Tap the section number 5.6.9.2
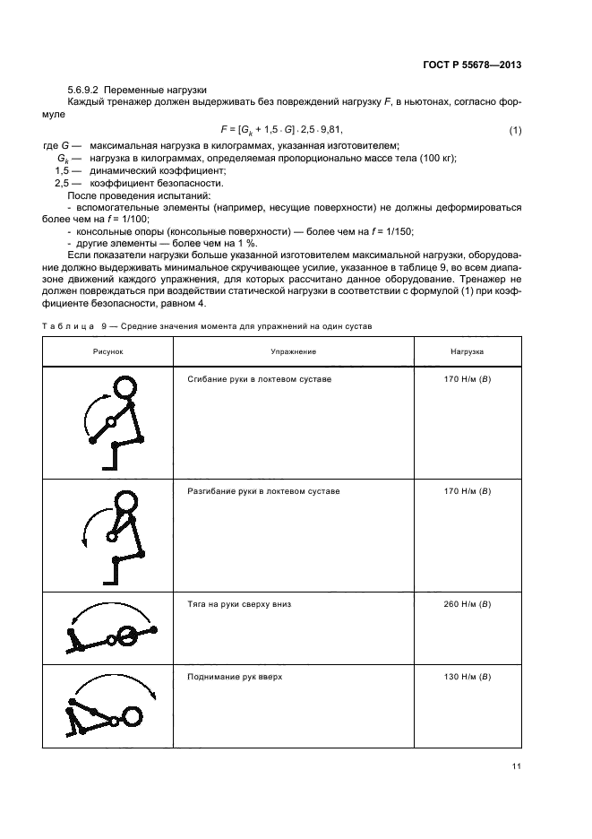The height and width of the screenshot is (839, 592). tap(86, 91)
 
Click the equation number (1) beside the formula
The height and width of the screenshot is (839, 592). tap(515, 132)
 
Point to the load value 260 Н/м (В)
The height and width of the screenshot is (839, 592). tap(467, 604)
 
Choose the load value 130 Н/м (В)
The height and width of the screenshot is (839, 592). tap(467, 677)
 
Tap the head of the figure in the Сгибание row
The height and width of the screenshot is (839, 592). tap(124, 387)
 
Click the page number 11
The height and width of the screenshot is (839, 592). tap(516, 765)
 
